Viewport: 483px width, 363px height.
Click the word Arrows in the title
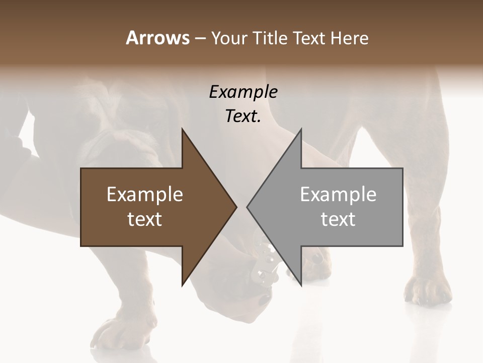(x=157, y=38)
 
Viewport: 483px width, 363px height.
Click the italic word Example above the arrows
(x=244, y=92)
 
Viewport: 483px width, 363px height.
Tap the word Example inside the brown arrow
(x=145, y=195)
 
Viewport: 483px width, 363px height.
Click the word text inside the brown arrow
(x=145, y=219)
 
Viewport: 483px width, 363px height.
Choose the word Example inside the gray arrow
(x=338, y=195)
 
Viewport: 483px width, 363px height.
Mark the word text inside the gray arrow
(x=338, y=219)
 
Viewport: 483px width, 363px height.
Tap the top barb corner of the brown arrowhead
(x=182, y=129)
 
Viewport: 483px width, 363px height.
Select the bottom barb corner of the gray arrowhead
(x=301, y=285)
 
